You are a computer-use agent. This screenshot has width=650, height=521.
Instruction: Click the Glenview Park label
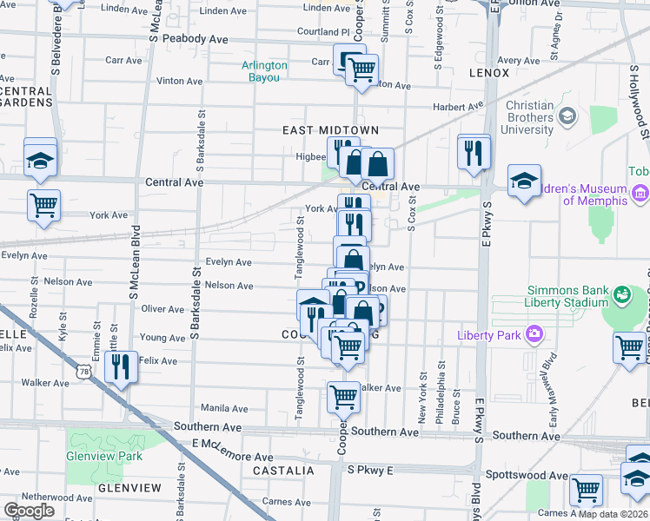[103, 456]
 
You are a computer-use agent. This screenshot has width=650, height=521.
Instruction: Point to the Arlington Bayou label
[265, 71]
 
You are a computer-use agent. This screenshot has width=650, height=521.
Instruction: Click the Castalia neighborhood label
[283, 471]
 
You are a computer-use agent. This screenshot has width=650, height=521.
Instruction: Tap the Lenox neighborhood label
[488, 73]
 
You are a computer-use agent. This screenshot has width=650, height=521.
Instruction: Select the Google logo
[29, 511]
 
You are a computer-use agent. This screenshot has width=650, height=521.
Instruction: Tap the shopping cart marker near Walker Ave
[344, 397]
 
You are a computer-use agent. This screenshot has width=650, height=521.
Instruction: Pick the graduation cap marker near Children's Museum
[524, 181]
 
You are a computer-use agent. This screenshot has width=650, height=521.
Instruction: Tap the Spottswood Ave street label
[533, 476]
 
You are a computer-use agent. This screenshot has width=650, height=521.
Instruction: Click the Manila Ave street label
[225, 408]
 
